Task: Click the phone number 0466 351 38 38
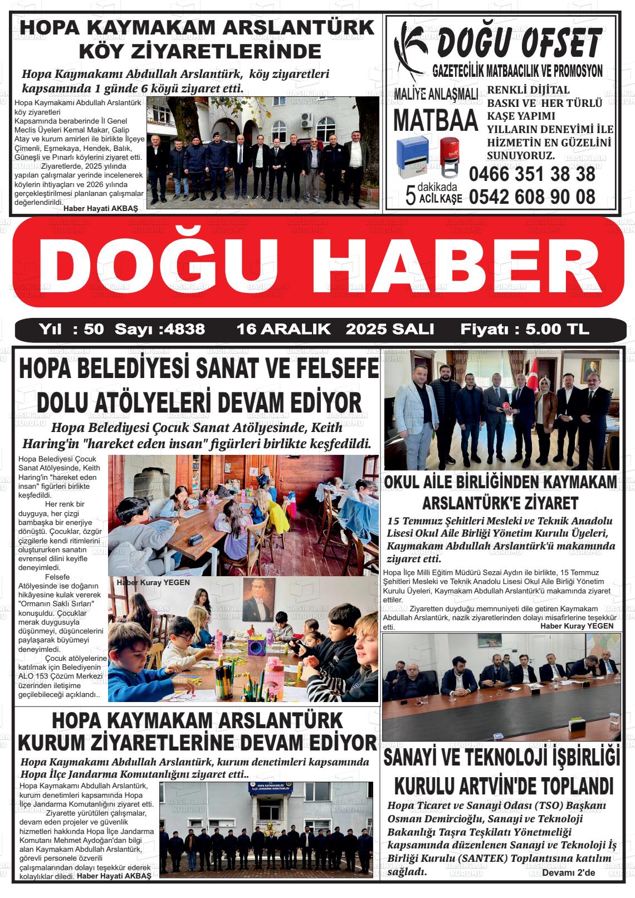click(x=532, y=174)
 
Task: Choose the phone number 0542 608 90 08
click(x=532, y=196)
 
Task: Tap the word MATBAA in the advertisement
click(x=436, y=119)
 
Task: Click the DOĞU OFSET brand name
click(x=518, y=42)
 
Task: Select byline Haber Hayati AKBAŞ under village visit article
click(x=101, y=209)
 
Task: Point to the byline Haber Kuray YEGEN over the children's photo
click(x=153, y=582)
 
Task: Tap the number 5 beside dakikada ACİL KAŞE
click(x=411, y=195)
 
